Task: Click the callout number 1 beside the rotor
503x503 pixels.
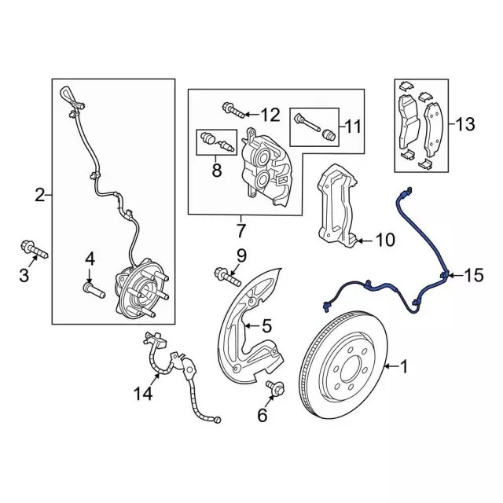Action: click(x=405, y=366)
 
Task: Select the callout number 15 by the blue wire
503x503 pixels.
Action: click(x=474, y=275)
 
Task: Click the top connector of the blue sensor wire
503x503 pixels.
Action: click(x=406, y=190)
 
